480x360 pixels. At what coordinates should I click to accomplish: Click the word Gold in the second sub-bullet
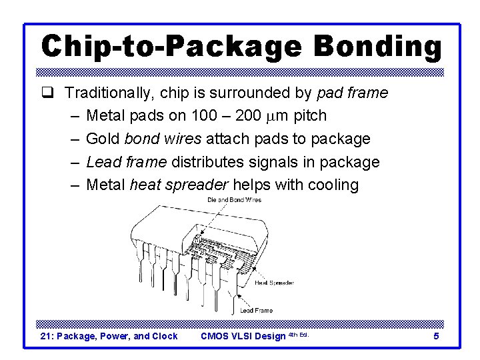[x=103, y=139]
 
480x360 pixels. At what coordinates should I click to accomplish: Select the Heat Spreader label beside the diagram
[x=273, y=283]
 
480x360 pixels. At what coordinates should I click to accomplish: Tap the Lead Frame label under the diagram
[x=256, y=310]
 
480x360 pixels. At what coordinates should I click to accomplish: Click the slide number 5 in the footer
[x=436, y=337]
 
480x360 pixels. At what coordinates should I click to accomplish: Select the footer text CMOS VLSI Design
[x=243, y=337]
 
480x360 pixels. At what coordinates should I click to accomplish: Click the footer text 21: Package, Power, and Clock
[x=109, y=337]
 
